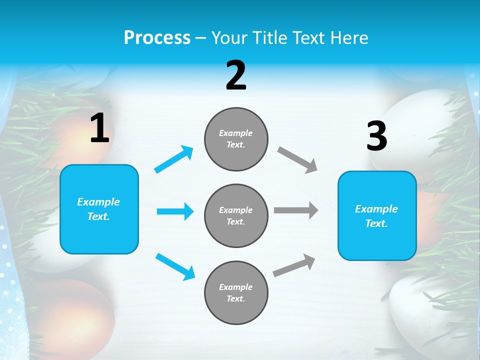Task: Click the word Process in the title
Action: [x=157, y=37]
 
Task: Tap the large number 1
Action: [x=99, y=128]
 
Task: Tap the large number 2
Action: [x=236, y=76]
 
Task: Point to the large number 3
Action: [x=376, y=136]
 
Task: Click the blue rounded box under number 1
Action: [x=99, y=209]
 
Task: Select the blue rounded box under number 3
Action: [x=377, y=216]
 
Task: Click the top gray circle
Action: [x=236, y=139]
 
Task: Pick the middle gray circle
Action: [x=236, y=215]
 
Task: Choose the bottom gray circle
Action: [x=236, y=292]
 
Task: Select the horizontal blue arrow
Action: [x=175, y=211]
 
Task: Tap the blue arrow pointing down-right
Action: [x=175, y=266]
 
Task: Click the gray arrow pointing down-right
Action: [x=297, y=160]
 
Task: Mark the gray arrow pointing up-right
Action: [x=294, y=265]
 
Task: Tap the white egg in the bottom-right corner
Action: [x=425, y=310]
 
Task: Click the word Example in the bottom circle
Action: [x=235, y=287]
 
